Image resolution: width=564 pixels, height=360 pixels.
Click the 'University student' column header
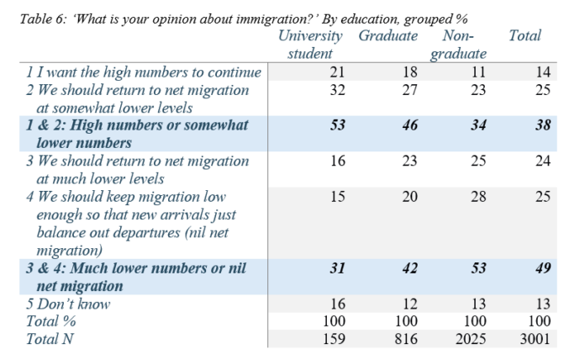pyautogui.click(x=310, y=45)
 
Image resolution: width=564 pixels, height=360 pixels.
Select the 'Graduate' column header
pyautogui.click(x=387, y=36)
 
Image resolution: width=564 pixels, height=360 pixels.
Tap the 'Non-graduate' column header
pyautogui.click(x=459, y=45)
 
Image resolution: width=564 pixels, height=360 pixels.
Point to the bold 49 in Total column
pyautogui.click(x=542, y=268)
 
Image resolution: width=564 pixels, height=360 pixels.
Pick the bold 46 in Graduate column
pyautogui.click(x=409, y=125)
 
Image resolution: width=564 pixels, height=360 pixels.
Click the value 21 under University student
pyautogui.click(x=338, y=72)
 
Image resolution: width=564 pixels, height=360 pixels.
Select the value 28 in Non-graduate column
pyautogui.click(x=477, y=196)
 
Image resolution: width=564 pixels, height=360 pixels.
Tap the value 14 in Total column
pyautogui.click(x=543, y=72)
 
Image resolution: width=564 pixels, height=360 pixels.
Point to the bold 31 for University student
pyautogui.click(x=338, y=268)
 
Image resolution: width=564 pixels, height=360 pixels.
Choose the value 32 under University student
pyautogui.click(x=338, y=89)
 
